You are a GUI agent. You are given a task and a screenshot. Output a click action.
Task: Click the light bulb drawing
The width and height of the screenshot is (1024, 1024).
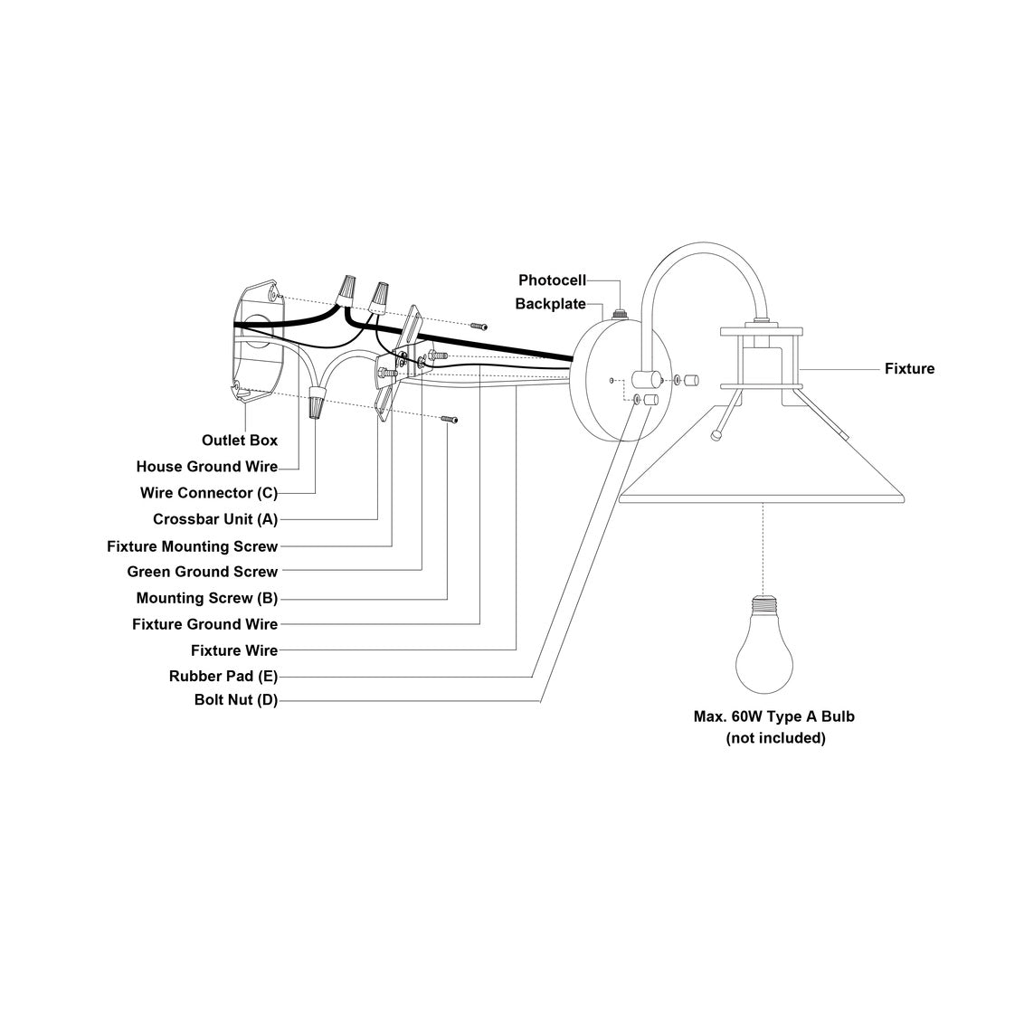point(764,641)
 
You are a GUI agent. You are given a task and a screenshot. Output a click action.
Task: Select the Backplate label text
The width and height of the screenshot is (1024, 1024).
point(550,304)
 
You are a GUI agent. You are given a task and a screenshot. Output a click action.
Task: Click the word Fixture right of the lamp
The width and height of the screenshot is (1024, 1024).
point(909,369)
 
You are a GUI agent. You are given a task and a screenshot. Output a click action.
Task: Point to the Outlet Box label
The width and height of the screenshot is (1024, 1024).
point(239,441)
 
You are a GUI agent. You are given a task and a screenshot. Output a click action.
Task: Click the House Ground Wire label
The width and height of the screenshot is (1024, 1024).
point(206,467)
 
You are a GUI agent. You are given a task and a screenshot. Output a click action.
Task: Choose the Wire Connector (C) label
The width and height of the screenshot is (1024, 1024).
point(208,493)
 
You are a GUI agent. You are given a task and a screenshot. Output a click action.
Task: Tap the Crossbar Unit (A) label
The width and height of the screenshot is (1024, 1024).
point(214,519)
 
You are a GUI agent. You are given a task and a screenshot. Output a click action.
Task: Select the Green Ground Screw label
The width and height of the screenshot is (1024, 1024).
point(202,572)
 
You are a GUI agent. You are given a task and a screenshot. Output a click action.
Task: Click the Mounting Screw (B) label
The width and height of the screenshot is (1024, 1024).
point(206,598)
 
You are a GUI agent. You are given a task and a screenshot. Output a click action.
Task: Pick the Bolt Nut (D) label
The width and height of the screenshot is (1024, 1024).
point(235,699)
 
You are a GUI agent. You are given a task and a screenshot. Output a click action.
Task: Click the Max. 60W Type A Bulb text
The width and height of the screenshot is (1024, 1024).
point(773,716)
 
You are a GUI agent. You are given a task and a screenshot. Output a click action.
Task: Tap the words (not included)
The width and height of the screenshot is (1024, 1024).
point(775,738)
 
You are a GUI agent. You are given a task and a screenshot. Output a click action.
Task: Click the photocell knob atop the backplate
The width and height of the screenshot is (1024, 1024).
point(621,313)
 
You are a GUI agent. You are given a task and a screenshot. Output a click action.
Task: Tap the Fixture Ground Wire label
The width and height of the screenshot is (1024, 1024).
point(204,624)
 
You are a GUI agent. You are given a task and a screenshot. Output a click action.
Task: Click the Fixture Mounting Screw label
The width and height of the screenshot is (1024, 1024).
point(192,546)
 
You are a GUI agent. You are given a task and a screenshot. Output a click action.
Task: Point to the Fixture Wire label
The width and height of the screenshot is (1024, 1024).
point(233,650)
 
